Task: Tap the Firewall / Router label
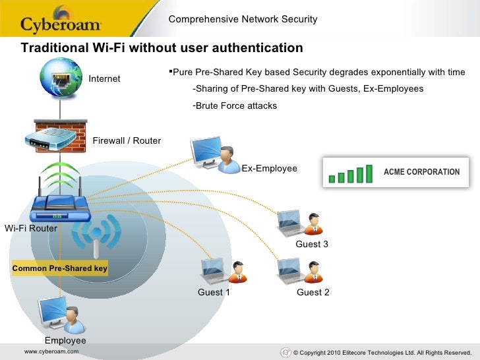click(x=127, y=140)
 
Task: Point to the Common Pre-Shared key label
click(x=60, y=269)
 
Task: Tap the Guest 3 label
click(x=312, y=245)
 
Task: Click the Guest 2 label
click(x=313, y=293)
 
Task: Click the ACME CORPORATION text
click(x=421, y=172)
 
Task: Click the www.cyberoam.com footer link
click(x=51, y=352)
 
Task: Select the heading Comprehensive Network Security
click(x=243, y=19)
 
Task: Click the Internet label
click(x=105, y=78)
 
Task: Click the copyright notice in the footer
click(x=382, y=353)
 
